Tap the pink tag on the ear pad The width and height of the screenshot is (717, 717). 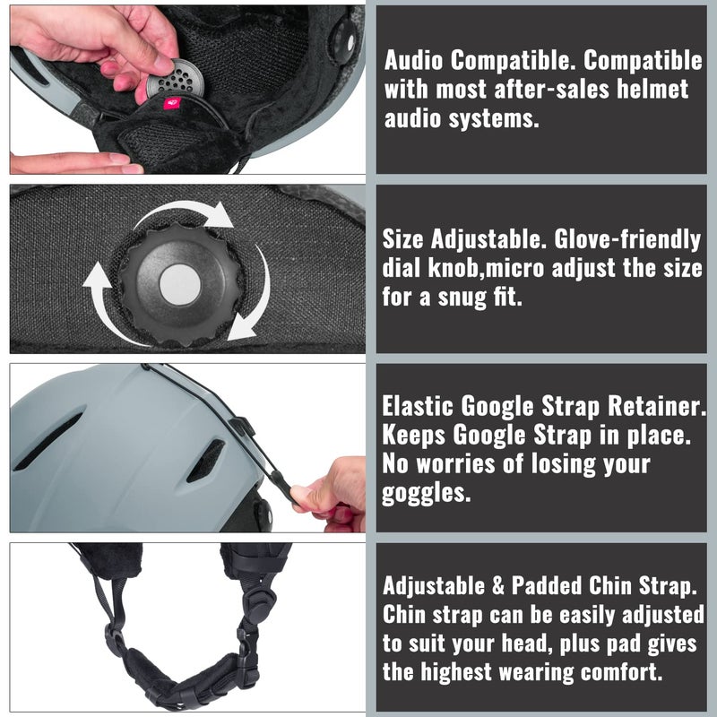click(172, 104)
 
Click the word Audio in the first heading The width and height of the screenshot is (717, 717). click(413, 60)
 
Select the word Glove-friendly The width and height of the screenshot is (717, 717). click(627, 239)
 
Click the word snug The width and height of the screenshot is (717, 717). click(462, 298)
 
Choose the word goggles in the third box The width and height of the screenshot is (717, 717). click(427, 493)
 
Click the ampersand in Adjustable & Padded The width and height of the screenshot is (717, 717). click(498, 586)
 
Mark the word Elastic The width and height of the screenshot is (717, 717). click(419, 406)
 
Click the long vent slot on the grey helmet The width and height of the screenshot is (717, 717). click(48, 442)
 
